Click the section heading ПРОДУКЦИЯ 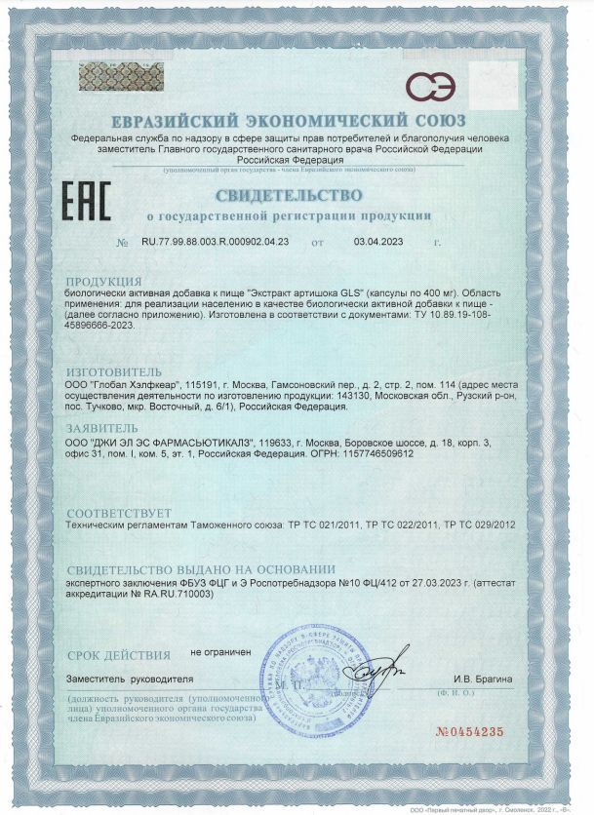103,280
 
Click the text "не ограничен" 221,650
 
